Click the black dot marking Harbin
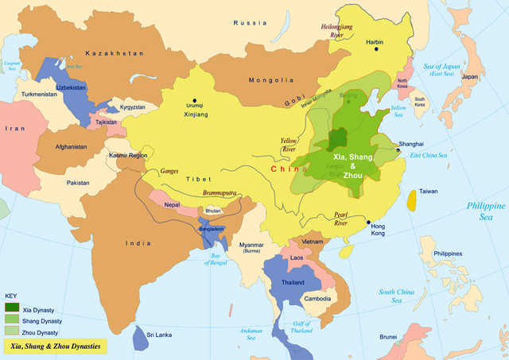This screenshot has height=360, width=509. pyautogui.click(x=377, y=49)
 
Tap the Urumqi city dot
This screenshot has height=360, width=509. pyautogui.click(x=193, y=78)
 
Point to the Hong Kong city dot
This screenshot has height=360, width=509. pyautogui.click(x=368, y=222)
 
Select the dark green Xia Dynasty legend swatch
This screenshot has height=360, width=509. pyautogui.click(x=12, y=307)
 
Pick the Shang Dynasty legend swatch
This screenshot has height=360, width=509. pyautogui.click(x=12, y=319)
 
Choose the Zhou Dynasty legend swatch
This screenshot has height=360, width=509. pyautogui.click(x=12, y=331)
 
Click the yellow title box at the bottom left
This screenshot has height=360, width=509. pyautogui.click(x=54, y=346)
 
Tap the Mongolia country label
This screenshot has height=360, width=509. pyautogui.click(x=271, y=80)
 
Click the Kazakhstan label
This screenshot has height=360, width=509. pyautogui.click(x=115, y=52)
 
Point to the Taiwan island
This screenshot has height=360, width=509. pyautogui.click(x=411, y=199)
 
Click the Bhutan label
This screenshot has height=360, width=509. pyautogui.click(x=213, y=211)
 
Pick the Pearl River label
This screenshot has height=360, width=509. pyautogui.click(x=342, y=219)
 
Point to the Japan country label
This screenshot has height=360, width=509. pyautogui.click(x=470, y=77)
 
